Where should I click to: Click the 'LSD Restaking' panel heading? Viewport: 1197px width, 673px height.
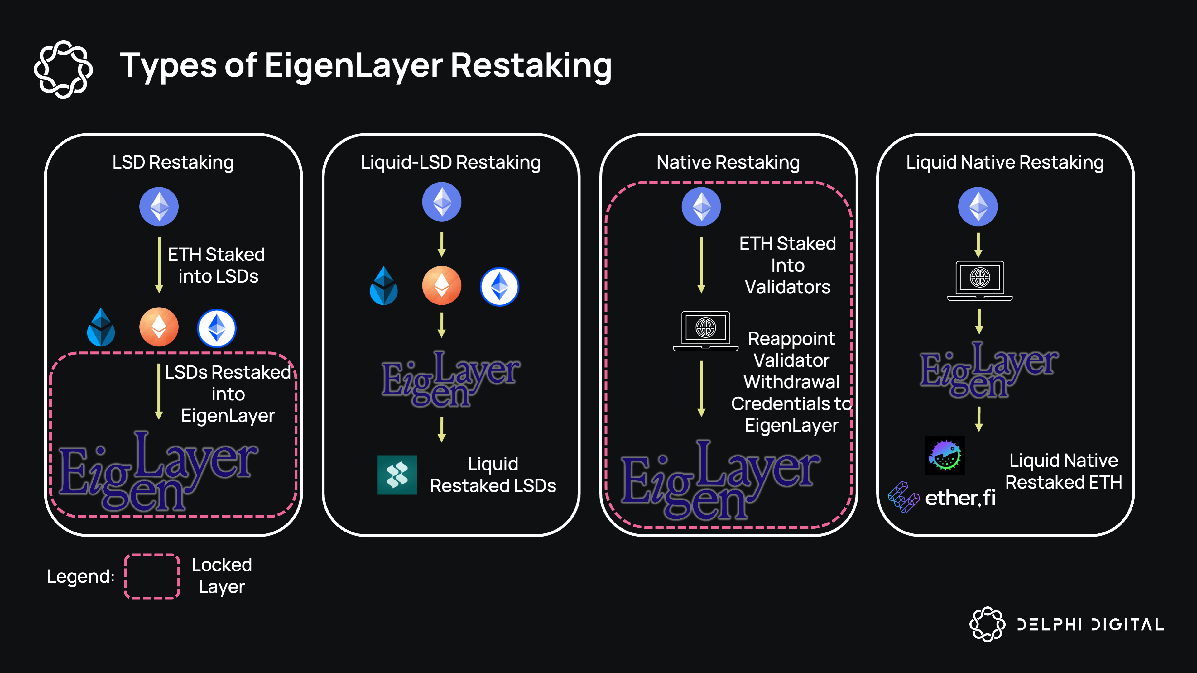coord(173,163)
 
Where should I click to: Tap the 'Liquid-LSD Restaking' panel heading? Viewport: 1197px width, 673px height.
coord(450,163)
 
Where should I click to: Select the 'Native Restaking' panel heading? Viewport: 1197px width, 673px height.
coord(728,163)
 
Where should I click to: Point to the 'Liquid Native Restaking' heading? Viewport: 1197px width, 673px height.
coord(1005,163)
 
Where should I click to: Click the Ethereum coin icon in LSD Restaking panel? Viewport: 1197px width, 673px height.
coord(159,207)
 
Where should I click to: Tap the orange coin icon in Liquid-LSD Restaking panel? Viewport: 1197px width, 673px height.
coord(441,285)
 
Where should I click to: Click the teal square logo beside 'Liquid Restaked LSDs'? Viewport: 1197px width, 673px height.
coord(397,475)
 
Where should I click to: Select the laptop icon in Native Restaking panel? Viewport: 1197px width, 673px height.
coord(705,331)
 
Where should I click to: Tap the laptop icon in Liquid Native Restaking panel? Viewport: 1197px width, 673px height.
coord(979,280)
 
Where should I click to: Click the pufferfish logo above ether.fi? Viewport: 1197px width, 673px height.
coord(945,455)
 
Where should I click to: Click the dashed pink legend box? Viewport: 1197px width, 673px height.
coord(152,576)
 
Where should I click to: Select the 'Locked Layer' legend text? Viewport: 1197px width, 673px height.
coord(222,576)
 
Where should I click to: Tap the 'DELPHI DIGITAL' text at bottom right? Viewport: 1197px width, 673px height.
coord(1090,625)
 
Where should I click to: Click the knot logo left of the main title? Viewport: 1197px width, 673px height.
coord(63,69)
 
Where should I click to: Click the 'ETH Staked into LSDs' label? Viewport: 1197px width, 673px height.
coord(217,265)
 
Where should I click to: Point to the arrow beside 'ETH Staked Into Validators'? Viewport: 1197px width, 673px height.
coord(701,265)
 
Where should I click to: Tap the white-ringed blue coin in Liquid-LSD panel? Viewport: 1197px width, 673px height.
coord(499,287)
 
